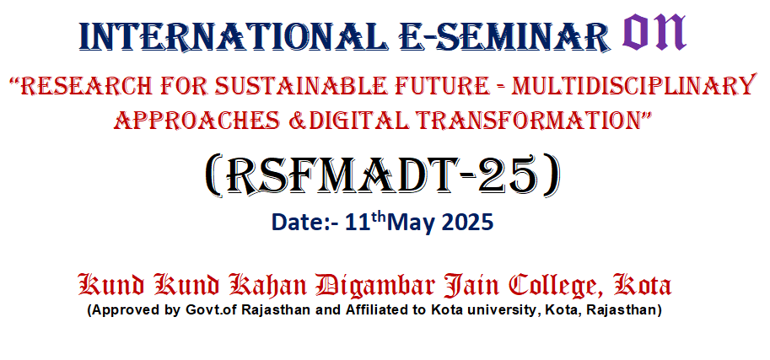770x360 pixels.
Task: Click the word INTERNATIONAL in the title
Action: pyautogui.click(x=234, y=36)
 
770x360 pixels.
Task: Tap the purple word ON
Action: pyautogui.click(x=654, y=32)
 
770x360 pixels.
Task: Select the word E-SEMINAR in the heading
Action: pyautogui.click(x=504, y=36)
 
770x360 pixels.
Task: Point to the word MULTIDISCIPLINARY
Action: pyautogui.click(x=633, y=87)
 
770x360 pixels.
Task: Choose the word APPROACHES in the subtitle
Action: pyautogui.click(x=199, y=119)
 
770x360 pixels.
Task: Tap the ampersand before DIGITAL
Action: pyautogui.click(x=297, y=120)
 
